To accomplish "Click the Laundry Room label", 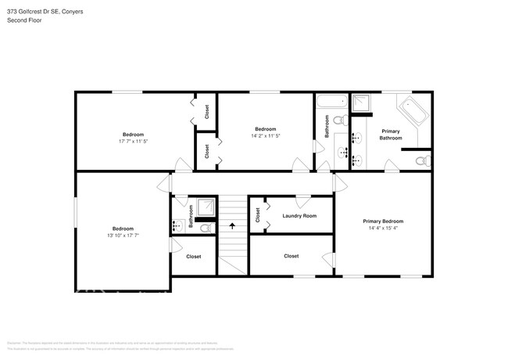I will (x=299, y=216).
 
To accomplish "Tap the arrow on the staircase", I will (x=231, y=226).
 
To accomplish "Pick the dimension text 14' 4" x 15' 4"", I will (x=382, y=229).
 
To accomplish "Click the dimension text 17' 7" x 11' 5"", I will (x=132, y=142).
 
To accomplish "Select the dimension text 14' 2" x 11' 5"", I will (x=265, y=135).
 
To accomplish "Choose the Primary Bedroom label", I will (x=383, y=221).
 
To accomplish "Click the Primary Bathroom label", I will (x=390, y=134).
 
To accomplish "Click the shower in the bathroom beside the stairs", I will (x=207, y=206).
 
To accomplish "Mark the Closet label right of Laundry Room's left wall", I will (x=258, y=215).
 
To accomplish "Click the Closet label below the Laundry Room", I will (x=291, y=256).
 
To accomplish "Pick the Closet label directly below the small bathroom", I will (x=193, y=257).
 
